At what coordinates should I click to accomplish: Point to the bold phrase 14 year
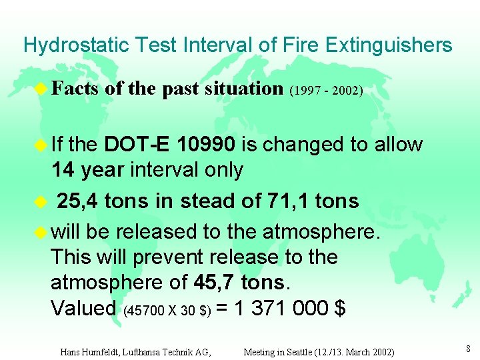click(88, 170)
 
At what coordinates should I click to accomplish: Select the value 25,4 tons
click(110, 201)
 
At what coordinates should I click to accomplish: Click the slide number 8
click(469, 347)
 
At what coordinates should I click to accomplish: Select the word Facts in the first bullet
click(75, 88)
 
